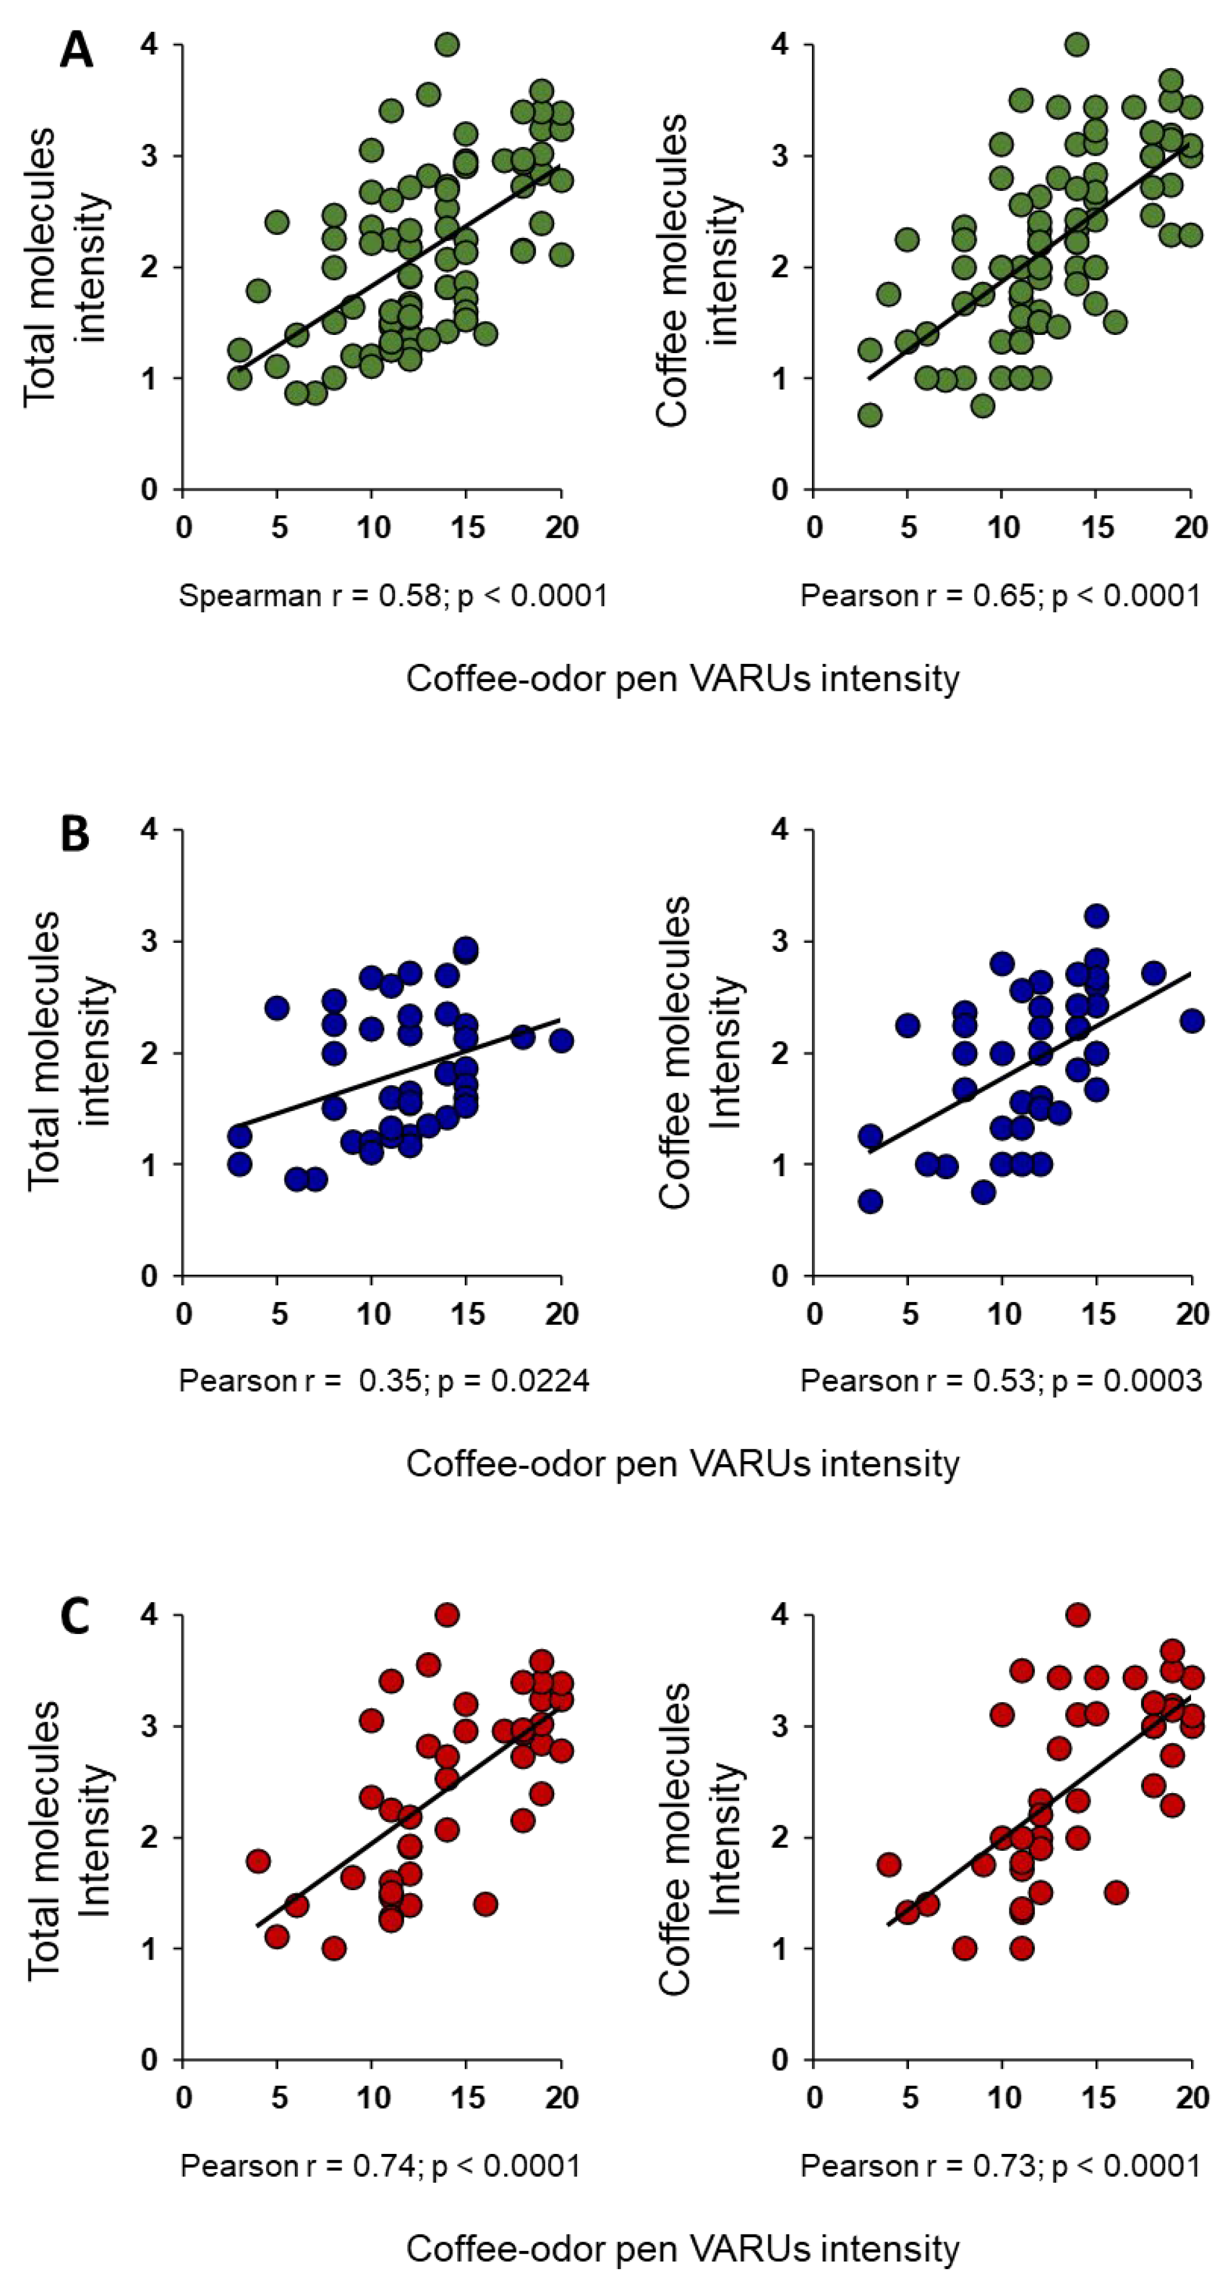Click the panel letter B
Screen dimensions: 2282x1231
tap(75, 834)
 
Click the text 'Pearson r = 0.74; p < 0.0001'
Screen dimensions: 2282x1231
tap(380, 2166)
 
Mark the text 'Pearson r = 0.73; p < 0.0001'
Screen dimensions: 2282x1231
tap(999, 2166)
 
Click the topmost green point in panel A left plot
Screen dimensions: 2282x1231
tap(448, 44)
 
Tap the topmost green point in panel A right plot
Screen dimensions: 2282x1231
tap(1078, 44)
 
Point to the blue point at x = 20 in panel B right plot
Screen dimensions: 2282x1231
tap(1192, 1021)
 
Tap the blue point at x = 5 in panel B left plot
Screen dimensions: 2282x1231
tap(277, 1007)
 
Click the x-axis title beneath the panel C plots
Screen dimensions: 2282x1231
tap(682, 2242)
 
